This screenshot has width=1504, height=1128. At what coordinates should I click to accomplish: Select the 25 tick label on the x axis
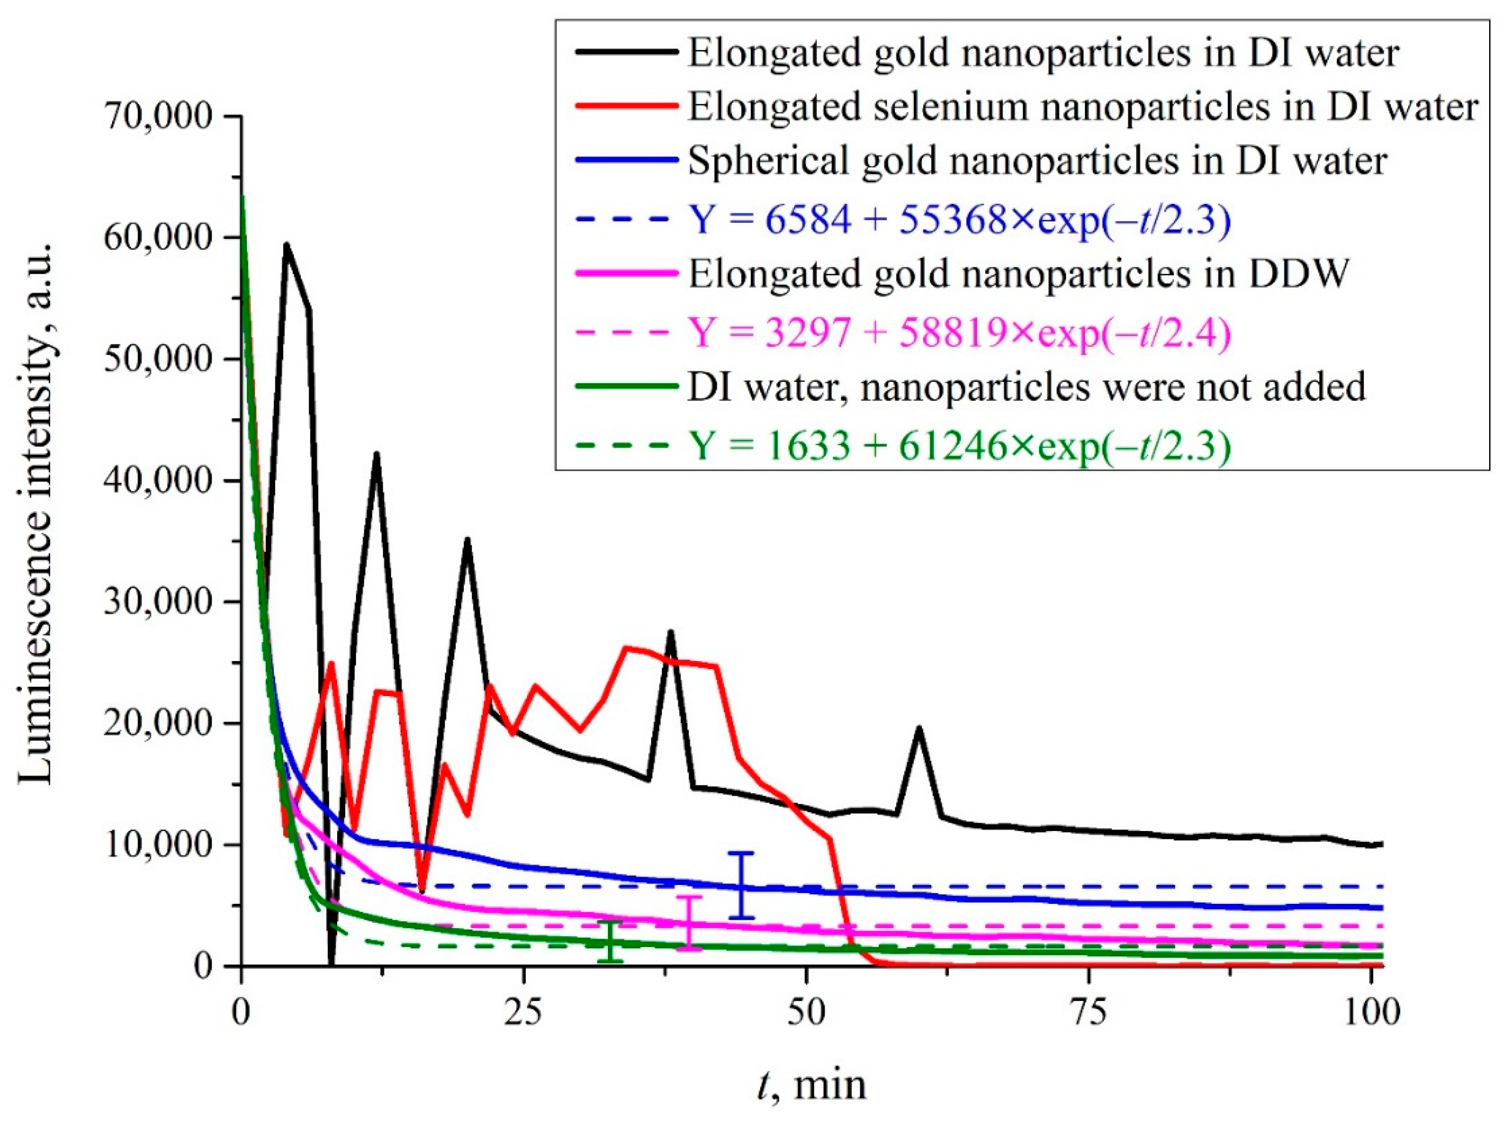point(524,1012)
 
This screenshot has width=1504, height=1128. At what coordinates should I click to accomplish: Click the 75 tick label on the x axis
point(1089,1012)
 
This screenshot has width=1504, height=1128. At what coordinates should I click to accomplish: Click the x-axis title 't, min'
point(813,1084)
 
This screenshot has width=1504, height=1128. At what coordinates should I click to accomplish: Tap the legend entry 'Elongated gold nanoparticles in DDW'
point(1018,274)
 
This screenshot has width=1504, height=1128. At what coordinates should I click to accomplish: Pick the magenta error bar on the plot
point(690,923)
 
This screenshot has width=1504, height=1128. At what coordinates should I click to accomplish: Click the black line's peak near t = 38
point(670,632)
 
